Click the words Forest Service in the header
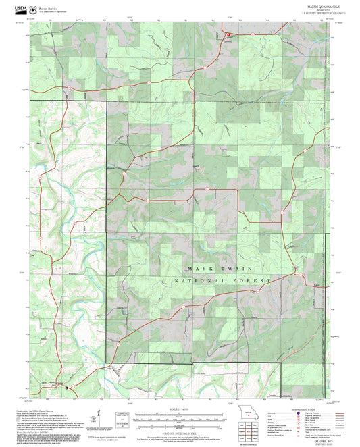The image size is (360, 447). pos(49,5)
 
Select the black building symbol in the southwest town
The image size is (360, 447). pos(66,388)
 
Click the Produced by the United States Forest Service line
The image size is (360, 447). pos(54,410)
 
